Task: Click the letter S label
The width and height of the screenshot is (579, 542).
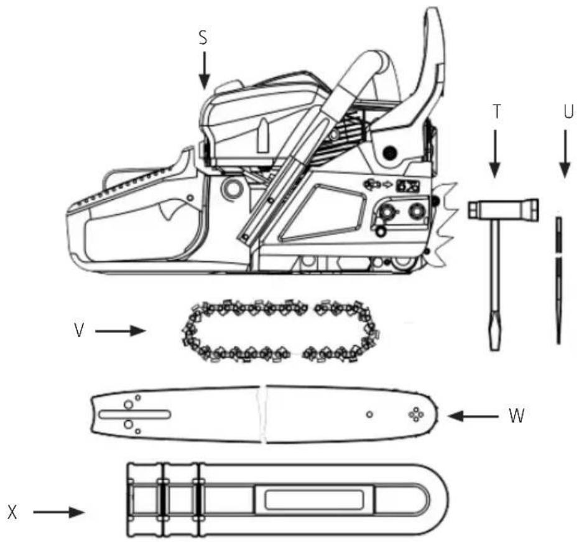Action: click(203, 38)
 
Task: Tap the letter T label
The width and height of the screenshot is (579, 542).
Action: click(497, 111)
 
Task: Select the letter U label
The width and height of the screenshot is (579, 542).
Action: click(568, 111)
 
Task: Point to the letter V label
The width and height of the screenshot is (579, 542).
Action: click(79, 330)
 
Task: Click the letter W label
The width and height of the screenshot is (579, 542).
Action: click(516, 416)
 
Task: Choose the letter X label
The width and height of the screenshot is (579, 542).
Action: click(12, 513)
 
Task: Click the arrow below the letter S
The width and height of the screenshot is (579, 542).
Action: click(204, 70)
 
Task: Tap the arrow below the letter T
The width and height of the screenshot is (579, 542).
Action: click(495, 154)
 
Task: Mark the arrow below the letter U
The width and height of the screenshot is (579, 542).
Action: click(565, 154)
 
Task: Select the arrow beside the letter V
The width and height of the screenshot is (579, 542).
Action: click(121, 331)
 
